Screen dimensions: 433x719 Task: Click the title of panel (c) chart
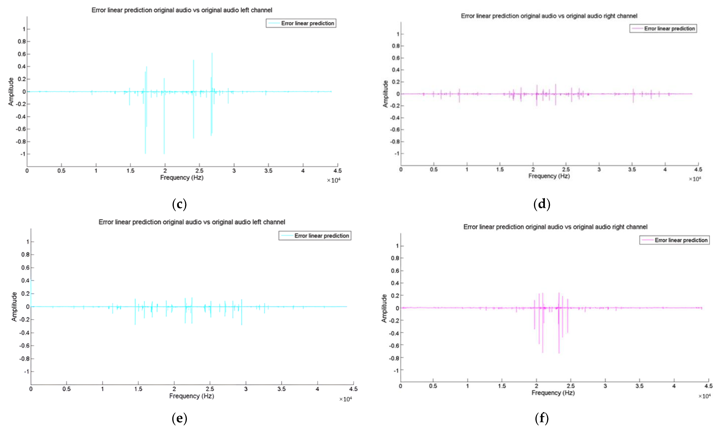182,10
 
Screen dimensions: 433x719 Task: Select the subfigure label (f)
542,418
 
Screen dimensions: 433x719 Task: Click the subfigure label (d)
542,204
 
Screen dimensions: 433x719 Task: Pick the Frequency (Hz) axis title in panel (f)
553,393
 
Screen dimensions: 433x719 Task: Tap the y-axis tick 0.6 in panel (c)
22,54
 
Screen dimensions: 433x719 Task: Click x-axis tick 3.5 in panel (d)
632,169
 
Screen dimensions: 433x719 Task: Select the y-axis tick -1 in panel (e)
27,371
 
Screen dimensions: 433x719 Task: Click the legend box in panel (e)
315,236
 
